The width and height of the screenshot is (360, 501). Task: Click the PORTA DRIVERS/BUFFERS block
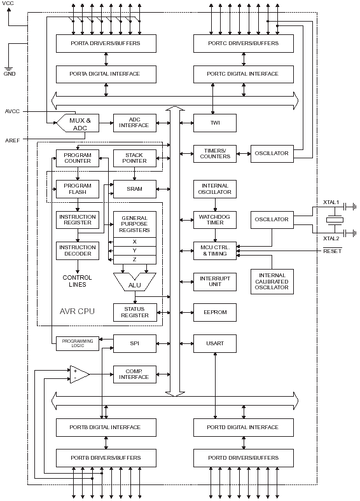coord(105,43)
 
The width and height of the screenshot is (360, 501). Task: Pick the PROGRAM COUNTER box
coord(77,158)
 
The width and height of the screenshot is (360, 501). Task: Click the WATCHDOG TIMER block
coord(214,220)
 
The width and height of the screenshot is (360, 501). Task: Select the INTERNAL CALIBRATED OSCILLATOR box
coord(272,280)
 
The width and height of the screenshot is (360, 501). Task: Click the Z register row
coord(134,259)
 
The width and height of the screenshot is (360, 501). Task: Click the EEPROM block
coord(214,312)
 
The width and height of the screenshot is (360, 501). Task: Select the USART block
coord(214,344)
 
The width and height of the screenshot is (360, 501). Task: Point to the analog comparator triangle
coord(79,374)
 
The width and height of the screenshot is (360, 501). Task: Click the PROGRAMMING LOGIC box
coord(77,344)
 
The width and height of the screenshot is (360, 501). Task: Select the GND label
coord(10,74)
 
